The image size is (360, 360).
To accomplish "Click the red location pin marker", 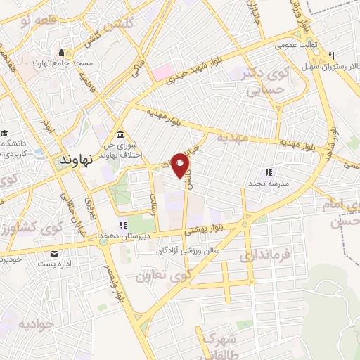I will (181, 166).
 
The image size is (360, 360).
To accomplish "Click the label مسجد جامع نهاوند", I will (62, 63).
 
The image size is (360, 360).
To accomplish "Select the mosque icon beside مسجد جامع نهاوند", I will (62, 52).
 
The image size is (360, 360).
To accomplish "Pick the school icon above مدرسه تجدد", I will (268, 172).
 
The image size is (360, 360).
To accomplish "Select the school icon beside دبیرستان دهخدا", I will (124, 226).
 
